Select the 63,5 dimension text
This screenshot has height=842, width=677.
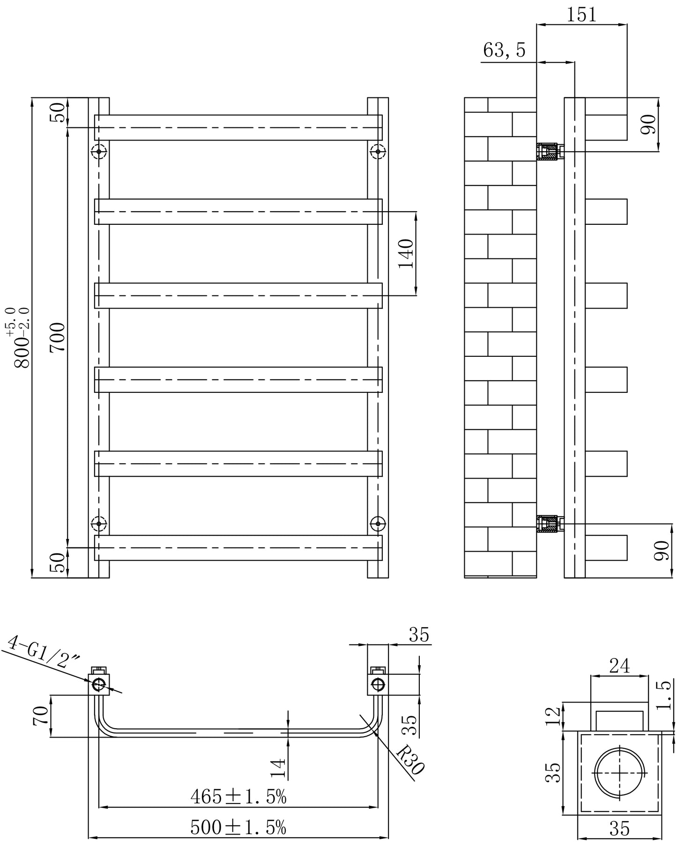coord(504,50)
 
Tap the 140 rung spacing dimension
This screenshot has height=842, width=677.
coord(406,253)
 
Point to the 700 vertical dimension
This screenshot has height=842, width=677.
coord(58,337)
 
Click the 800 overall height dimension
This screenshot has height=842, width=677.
coord(19,338)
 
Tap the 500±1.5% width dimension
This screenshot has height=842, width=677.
coord(238,827)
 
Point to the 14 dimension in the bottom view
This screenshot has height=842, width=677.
coord(278,768)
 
